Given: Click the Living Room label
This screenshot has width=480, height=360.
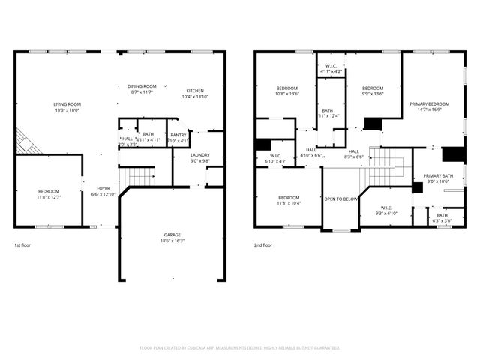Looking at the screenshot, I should coord(67,104).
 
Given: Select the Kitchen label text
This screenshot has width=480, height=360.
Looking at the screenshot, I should coord(195,91).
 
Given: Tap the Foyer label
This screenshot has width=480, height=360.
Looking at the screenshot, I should coord(103,188).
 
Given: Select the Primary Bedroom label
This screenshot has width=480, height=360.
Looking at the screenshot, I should coord(429,103).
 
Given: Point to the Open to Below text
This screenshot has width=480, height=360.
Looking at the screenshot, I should coord(340,199).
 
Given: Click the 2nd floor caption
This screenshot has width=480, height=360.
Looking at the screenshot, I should coord(262,245).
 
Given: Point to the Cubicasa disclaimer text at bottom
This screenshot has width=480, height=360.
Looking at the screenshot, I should coord(240,348).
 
